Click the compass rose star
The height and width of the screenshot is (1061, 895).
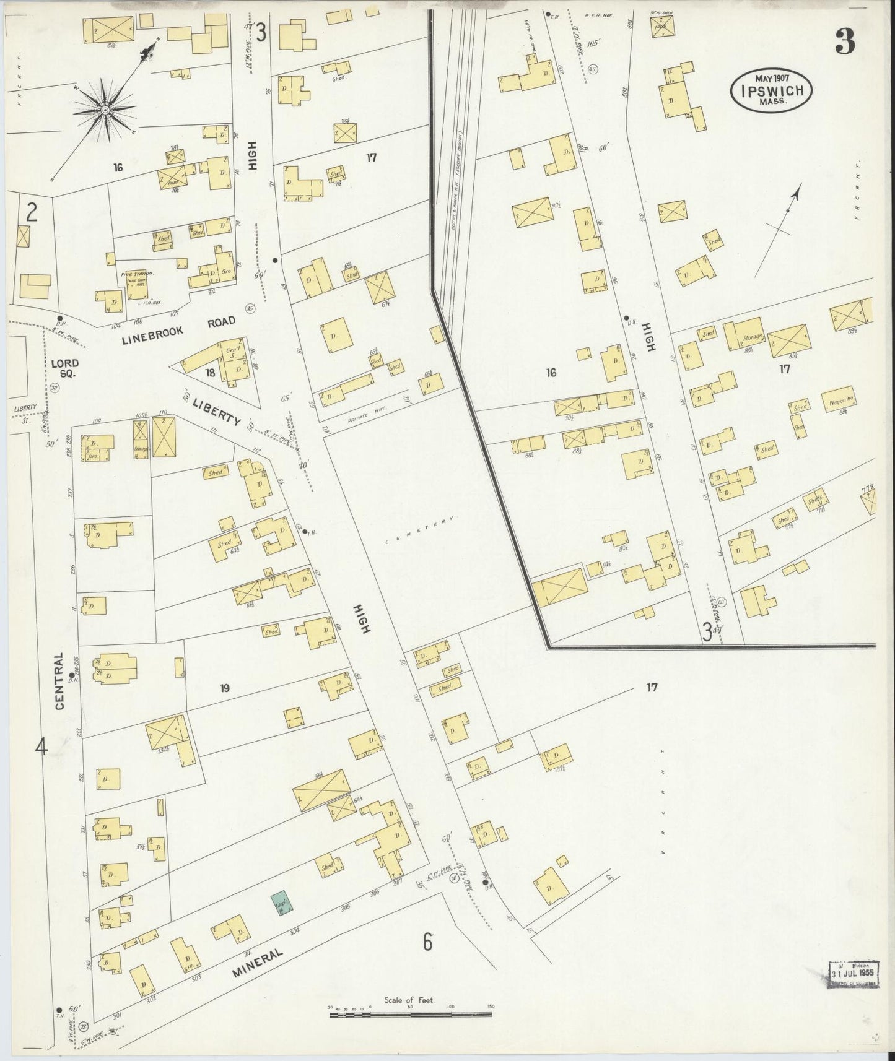point(105,110)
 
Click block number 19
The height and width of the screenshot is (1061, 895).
point(225,687)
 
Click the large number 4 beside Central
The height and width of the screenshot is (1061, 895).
point(41,747)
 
